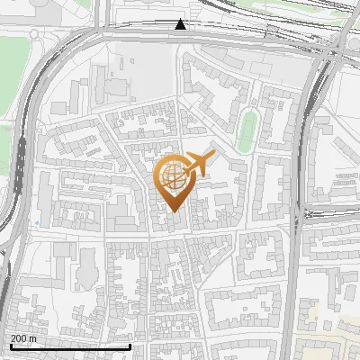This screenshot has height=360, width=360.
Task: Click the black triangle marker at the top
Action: pyautogui.click(x=181, y=24)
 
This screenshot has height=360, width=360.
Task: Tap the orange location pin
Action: pyautogui.click(x=174, y=183)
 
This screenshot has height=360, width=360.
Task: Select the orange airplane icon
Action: pyautogui.click(x=198, y=165)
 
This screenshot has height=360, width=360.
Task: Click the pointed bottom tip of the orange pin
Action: pyautogui.click(x=174, y=211)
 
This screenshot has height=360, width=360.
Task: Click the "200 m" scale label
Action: pyautogui.click(x=24, y=338)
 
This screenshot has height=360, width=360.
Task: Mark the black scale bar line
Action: pyautogui.click(x=69, y=346)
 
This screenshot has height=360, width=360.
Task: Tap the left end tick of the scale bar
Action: pyautogui.click(x=9, y=345)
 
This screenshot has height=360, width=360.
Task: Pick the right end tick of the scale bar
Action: pyautogui.click(x=130, y=345)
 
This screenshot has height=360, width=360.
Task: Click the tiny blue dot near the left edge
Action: pyautogui.click(x=37, y=223)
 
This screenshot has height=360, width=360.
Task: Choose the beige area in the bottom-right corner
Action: pyautogui.click(x=328, y=333)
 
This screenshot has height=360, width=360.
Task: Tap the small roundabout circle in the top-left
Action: pyautogui.click(x=34, y=34)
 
